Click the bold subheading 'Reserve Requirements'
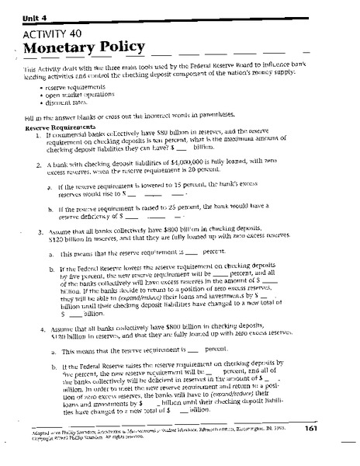[61, 126]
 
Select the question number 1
[37, 133]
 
